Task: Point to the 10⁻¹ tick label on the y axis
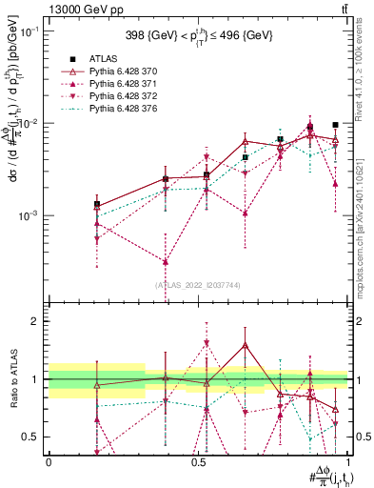click(x=31, y=31)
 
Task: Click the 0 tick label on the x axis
click(x=49, y=460)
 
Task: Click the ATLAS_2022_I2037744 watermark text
click(x=198, y=284)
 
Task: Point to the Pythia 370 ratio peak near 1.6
click(x=245, y=345)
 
